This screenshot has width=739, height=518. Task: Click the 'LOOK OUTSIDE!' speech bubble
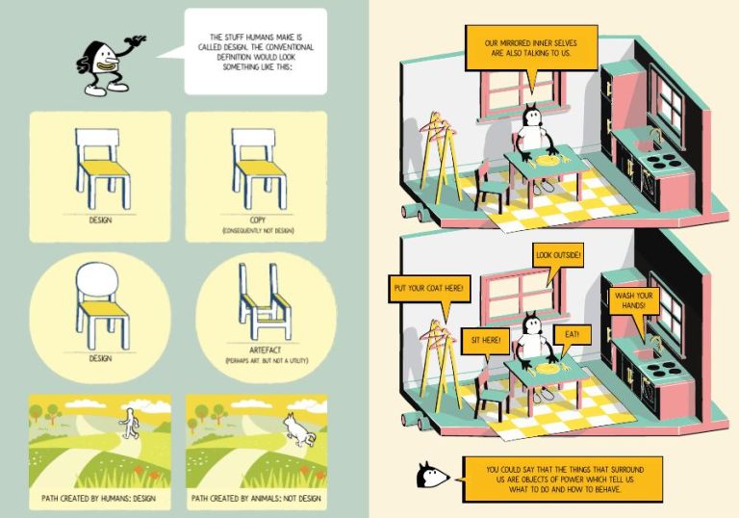[x=558, y=256]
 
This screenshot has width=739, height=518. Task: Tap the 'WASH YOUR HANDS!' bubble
[x=633, y=301]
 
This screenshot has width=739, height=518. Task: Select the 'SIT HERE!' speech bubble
[x=486, y=340]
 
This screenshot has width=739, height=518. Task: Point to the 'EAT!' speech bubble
[x=572, y=335]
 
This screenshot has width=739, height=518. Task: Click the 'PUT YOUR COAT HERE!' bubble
[x=429, y=288]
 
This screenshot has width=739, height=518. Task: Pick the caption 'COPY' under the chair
[x=258, y=220]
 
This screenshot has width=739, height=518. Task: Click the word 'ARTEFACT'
[x=265, y=350]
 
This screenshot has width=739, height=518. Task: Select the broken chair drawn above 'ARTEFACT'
[x=265, y=302]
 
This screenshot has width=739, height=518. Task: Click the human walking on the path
[x=129, y=424]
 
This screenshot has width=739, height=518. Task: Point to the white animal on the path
[x=298, y=429]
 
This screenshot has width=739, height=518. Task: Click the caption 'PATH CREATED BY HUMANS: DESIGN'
[x=98, y=498]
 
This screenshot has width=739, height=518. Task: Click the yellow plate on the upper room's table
[x=547, y=161]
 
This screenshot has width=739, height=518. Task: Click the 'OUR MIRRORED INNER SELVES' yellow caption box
[x=531, y=48]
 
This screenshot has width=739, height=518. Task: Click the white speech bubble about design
[x=255, y=51]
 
